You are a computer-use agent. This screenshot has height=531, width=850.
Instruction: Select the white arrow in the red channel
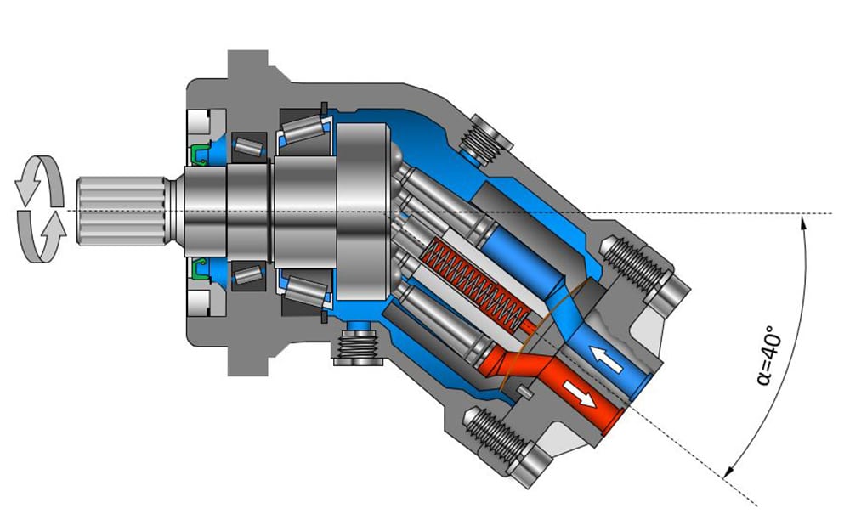pos(579,393)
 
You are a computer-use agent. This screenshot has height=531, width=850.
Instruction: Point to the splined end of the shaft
pos(122,211)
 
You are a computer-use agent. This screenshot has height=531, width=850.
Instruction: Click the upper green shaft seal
pos(200,155)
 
